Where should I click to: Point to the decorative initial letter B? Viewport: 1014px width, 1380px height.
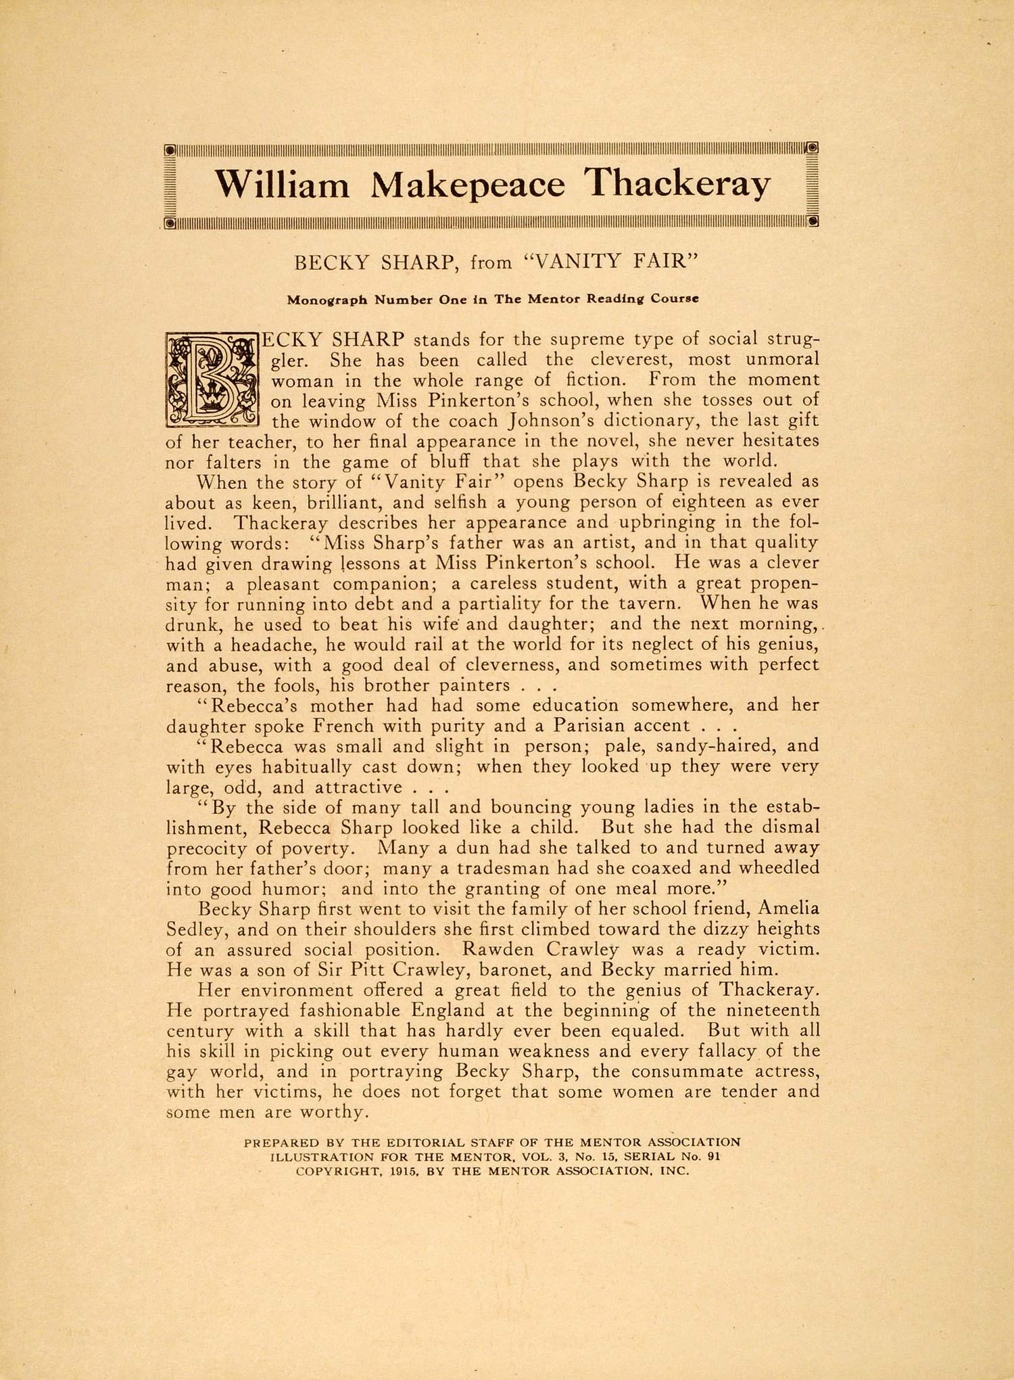tap(212, 379)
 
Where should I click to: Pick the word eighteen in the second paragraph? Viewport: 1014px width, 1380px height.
tap(695, 503)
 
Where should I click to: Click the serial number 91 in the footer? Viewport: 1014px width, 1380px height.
tap(713, 1157)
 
